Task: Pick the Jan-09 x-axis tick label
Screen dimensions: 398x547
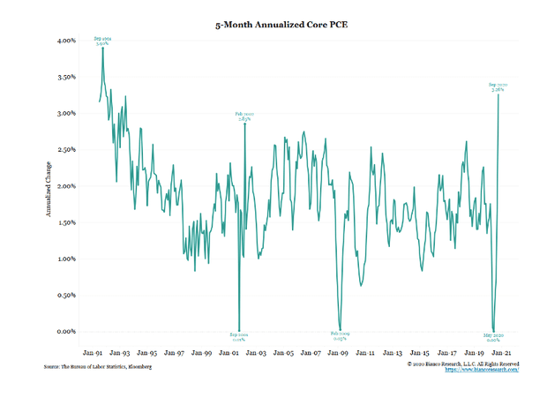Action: [339, 351]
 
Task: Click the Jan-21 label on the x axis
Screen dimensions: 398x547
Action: [502, 351]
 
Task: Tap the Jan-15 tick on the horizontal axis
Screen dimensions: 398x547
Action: [420, 351]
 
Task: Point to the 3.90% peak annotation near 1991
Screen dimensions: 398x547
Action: [103, 41]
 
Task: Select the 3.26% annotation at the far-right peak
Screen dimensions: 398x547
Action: [498, 86]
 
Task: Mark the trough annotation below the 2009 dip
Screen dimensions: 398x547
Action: [340, 336]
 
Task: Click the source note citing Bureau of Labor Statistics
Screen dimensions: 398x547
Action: [97, 366]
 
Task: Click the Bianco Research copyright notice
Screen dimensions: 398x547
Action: [462, 363]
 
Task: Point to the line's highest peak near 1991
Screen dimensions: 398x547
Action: [103, 49]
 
